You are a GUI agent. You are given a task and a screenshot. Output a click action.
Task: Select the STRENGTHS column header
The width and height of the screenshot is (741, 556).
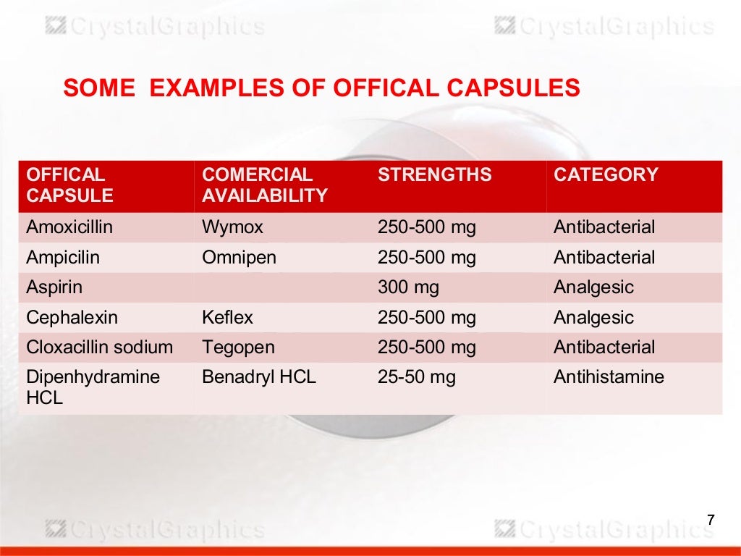tap(434, 174)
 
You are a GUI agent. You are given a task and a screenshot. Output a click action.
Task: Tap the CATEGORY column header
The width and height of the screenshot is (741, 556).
tap(606, 174)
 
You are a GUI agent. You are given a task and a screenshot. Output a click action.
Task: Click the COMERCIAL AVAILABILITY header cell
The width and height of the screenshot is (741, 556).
tap(265, 185)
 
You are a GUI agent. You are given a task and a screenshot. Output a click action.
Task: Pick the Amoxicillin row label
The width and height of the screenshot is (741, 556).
tap(69, 227)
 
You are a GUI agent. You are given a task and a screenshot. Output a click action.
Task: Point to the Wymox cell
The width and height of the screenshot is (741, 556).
tap(232, 227)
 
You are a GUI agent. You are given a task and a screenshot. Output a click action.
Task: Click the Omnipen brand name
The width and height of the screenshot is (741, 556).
tap(239, 258)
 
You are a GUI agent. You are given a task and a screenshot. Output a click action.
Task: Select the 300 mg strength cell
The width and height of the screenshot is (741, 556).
tap(408, 287)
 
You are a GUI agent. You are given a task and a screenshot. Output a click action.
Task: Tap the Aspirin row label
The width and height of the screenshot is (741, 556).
tap(54, 287)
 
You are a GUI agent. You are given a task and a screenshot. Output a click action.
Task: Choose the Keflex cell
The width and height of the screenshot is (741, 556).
tap(227, 318)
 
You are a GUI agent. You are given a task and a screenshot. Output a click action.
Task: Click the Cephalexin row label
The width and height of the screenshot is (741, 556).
tap(72, 318)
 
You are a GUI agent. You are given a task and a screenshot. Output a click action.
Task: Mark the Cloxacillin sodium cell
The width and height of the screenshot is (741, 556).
tap(99, 347)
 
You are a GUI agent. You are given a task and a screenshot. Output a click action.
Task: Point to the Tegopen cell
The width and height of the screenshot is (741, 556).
tap(239, 347)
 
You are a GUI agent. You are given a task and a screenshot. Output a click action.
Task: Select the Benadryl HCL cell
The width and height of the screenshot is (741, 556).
tap(259, 377)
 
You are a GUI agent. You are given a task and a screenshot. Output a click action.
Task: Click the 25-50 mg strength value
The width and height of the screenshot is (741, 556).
tap(416, 377)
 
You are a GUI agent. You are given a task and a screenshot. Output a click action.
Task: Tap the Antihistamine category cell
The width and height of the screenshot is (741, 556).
tap(609, 377)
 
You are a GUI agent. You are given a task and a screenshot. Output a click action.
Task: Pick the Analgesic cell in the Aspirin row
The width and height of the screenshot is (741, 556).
tap(593, 287)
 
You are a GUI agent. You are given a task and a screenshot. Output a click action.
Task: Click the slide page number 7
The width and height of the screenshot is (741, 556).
tap(710, 520)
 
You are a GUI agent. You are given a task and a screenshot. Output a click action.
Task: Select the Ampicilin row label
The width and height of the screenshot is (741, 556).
tap(63, 258)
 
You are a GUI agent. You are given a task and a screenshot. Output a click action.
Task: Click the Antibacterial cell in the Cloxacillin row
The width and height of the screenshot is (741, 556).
tap(604, 347)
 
